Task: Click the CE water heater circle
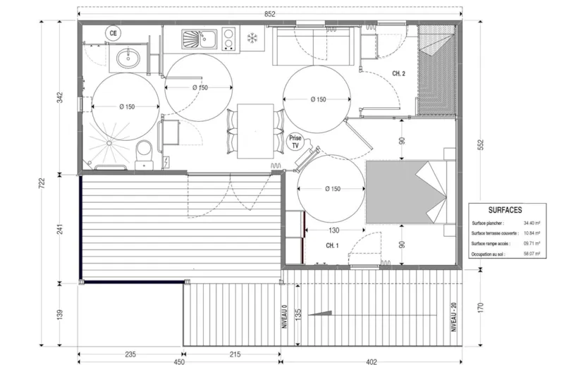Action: tap(112, 32)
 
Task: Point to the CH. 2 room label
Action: tap(399, 73)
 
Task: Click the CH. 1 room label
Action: tap(333, 245)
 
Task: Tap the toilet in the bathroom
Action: tap(144, 151)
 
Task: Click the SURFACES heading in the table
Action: tap(505, 210)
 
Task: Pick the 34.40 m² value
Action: tap(532, 223)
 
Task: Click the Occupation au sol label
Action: tap(493, 254)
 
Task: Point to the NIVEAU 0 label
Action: tap(286, 317)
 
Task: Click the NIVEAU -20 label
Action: tap(455, 318)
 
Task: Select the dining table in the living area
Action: tap(255, 131)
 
